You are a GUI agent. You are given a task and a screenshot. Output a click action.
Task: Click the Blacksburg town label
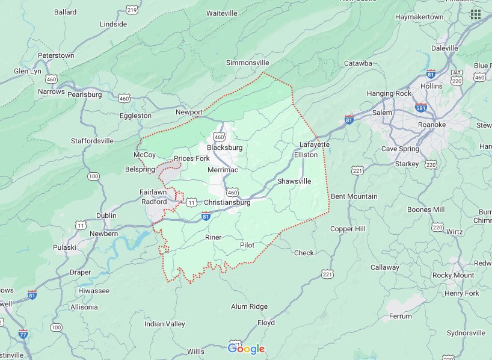click(224, 147)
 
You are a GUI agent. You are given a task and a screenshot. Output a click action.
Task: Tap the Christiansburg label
click(227, 203)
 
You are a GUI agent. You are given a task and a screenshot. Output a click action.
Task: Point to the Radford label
click(153, 202)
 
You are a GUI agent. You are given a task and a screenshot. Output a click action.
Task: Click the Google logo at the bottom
click(246, 349)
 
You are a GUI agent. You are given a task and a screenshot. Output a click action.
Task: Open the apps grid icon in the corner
click(476, 14)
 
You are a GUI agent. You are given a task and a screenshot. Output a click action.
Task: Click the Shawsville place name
click(294, 181)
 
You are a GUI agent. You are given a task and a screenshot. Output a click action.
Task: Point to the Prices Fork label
click(191, 158)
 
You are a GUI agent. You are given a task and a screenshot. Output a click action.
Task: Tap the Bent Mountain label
click(354, 196)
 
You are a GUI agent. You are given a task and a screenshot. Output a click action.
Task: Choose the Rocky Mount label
click(453, 275)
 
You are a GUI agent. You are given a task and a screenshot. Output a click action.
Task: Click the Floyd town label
click(266, 323)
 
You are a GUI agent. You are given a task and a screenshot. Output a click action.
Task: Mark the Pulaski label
click(64, 247)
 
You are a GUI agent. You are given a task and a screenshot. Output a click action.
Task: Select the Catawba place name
click(358, 63)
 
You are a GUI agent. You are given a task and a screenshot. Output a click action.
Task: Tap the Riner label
click(214, 237)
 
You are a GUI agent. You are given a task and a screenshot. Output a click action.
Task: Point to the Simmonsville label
click(247, 63)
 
